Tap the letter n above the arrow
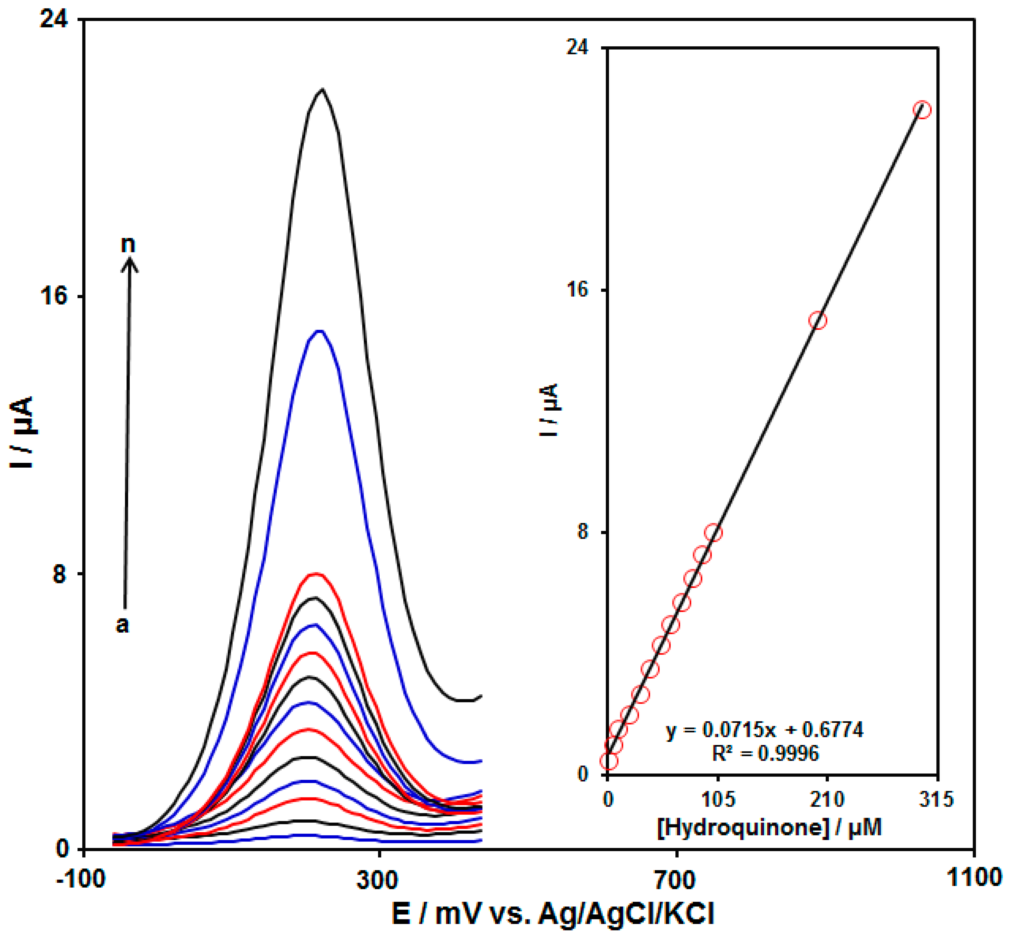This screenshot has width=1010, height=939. [128, 244]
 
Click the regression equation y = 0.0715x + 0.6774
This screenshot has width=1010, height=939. [765, 730]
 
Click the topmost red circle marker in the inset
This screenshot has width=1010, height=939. [922, 110]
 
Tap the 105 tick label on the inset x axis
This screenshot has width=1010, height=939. [718, 800]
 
